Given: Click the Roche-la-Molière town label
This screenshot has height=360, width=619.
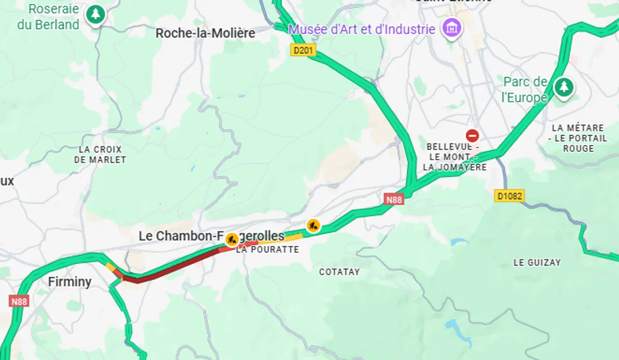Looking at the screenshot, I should pyautogui.click(x=205, y=34).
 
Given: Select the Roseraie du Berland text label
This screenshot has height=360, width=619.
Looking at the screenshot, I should pyautogui.click(x=48, y=17).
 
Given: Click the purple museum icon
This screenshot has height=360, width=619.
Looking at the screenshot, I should pyautogui.click(x=451, y=27).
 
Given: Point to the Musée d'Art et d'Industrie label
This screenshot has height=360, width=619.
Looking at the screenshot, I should pyautogui.click(x=362, y=29).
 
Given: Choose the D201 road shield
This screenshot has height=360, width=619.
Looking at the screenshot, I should pyautogui.click(x=303, y=50).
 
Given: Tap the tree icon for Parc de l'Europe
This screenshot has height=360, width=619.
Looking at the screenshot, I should pyautogui.click(x=563, y=87).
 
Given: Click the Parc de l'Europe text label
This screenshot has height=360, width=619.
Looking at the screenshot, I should pyautogui.click(x=525, y=90).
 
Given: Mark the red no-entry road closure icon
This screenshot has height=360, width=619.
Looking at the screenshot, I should pyautogui.click(x=472, y=136).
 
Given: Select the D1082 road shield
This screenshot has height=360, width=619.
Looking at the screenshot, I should pyautogui.click(x=509, y=196).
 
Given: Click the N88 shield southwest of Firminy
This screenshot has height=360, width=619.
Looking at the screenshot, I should pyautogui.click(x=19, y=301).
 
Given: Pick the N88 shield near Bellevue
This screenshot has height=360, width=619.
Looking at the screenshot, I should pyautogui.click(x=394, y=199).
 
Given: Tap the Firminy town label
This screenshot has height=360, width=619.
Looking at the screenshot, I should pyautogui.click(x=70, y=282).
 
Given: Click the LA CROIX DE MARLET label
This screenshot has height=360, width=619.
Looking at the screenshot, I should pyautogui.click(x=100, y=154).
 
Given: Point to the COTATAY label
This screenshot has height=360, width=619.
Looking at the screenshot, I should pyautogui.click(x=339, y=272).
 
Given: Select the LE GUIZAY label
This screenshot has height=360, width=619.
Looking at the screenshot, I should pyautogui.click(x=537, y=262).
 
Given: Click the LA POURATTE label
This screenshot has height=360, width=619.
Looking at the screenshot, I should pyautogui.click(x=267, y=249).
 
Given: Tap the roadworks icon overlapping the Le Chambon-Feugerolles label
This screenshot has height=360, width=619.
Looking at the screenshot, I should pyautogui.click(x=231, y=240).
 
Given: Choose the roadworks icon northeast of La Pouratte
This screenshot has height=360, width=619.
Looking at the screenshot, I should pyautogui.click(x=313, y=226).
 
